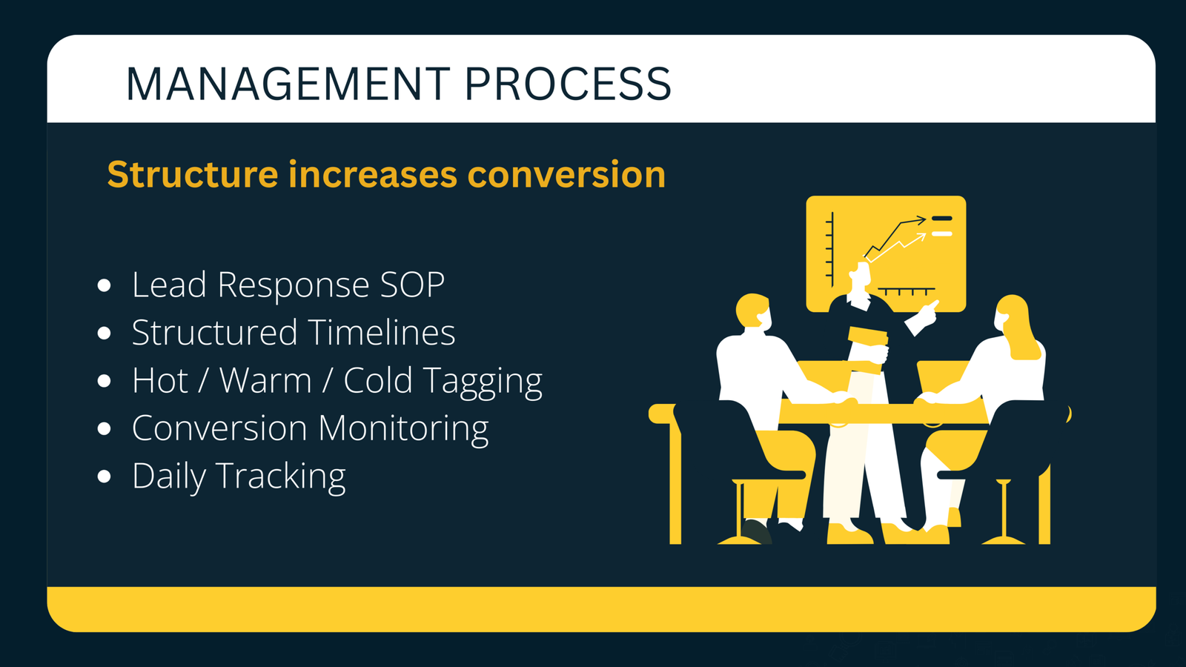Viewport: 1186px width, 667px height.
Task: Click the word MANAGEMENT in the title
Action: click(287, 84)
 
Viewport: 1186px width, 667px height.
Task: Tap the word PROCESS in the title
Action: click(567, 84)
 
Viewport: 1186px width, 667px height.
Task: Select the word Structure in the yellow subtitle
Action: click(193, 175)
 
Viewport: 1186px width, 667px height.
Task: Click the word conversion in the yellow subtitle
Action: click(566, 175)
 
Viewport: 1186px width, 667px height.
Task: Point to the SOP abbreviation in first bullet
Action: click(412, 285)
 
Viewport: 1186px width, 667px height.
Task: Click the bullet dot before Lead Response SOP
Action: click(105, 285)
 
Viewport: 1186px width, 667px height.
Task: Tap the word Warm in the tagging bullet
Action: click(265, 381)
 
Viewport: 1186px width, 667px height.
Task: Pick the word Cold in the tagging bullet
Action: click(377, 381)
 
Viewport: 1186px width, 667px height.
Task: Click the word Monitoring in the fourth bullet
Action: click(403, 429)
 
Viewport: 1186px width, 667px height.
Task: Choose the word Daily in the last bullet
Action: click(169, 477)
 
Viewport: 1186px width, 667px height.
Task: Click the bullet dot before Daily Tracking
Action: click(105, 477)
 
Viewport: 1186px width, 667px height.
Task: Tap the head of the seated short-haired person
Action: click(754, 311)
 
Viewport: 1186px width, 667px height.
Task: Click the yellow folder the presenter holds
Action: click(868, 337)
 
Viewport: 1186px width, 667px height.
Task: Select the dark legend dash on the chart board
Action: click(941, 219)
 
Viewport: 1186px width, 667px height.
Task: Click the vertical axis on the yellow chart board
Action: click(832, 248)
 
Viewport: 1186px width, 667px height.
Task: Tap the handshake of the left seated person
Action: click(844, 401)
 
